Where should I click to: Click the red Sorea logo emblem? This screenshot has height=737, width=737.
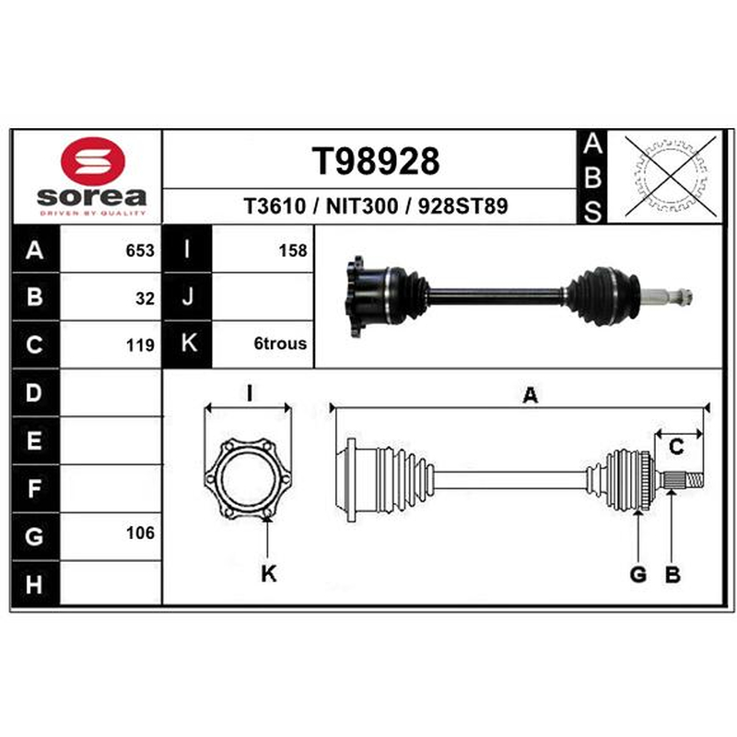point(93,160)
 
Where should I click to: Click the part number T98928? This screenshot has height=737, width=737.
point(376,161)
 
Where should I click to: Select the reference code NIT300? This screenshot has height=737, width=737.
point(362,206)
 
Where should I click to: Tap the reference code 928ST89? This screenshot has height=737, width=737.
point(463,206)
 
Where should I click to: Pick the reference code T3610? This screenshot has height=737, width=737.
point(275,206)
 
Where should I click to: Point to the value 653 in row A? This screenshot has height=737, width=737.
point(140,251)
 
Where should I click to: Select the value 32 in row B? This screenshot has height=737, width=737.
point(145,298)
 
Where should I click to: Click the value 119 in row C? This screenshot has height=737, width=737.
point(140,345)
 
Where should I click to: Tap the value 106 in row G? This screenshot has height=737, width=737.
point(140,533)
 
